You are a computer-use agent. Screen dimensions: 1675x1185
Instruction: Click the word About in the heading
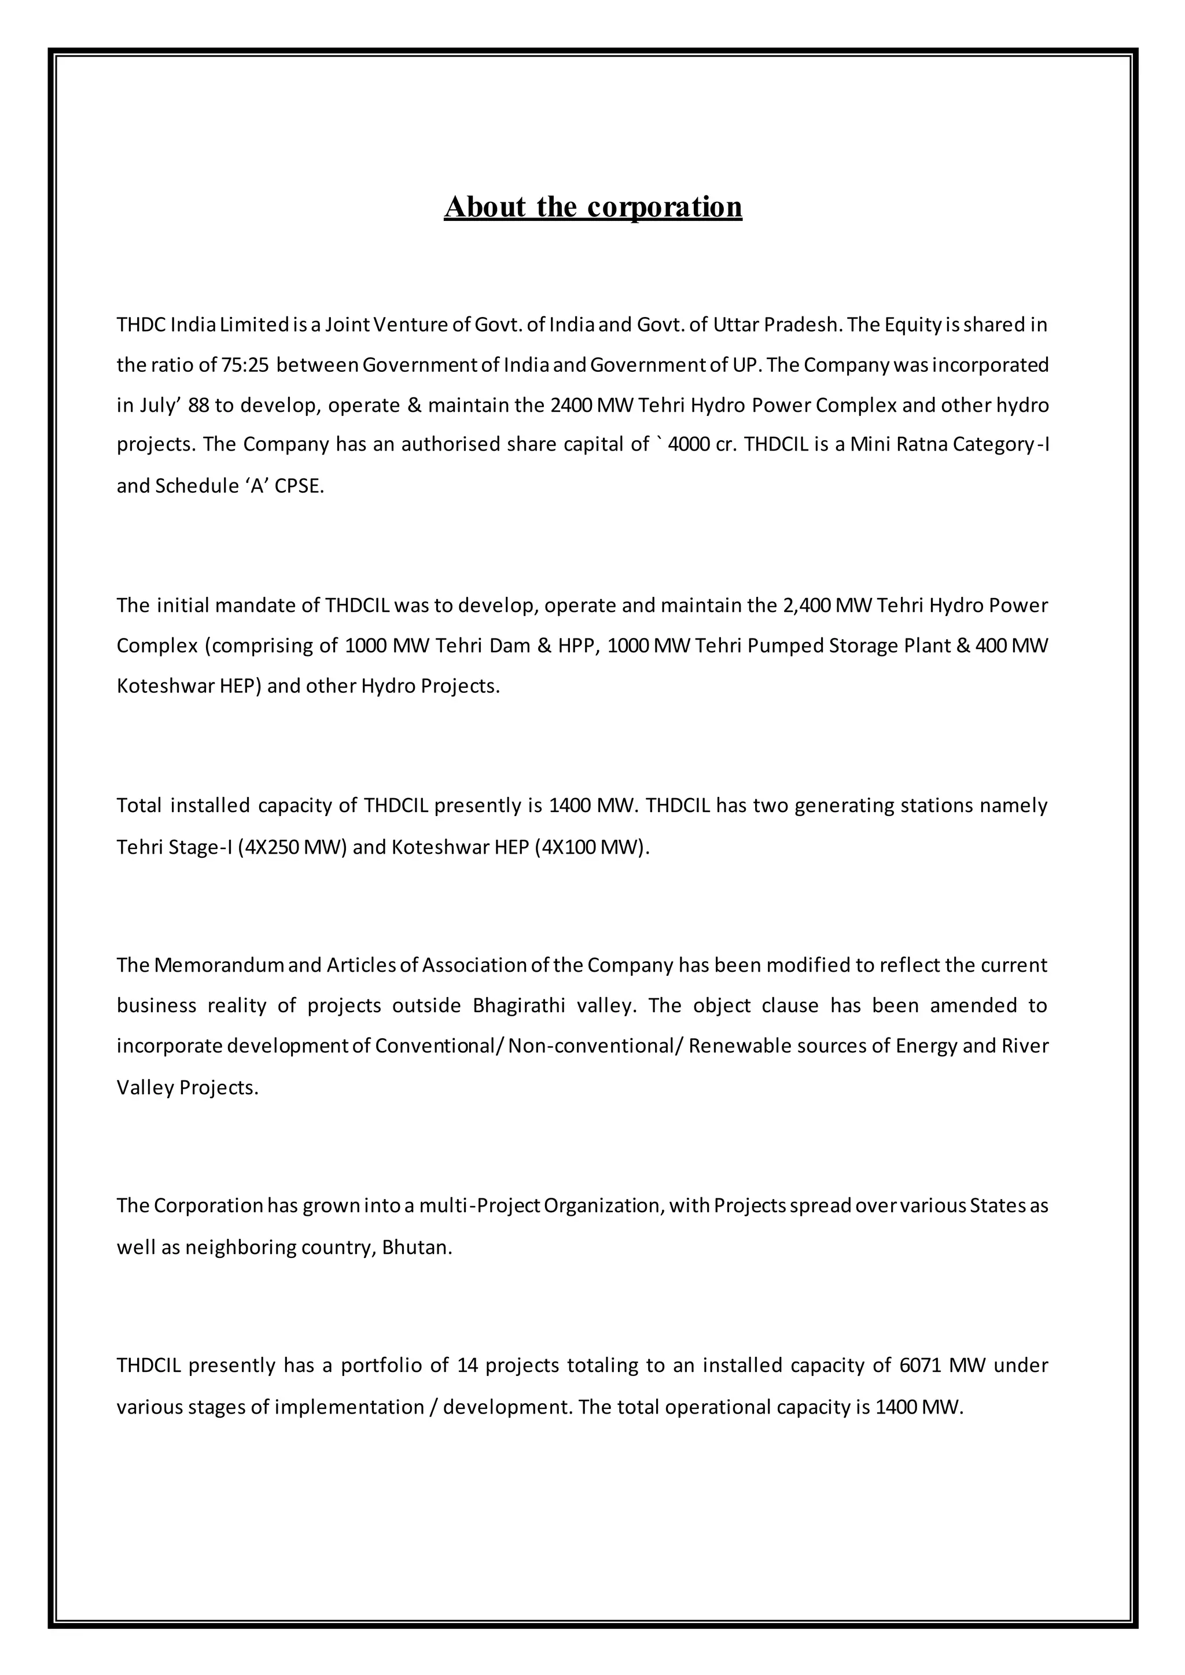pos(484,207)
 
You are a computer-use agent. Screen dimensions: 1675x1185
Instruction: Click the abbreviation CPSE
pos(299,486)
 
